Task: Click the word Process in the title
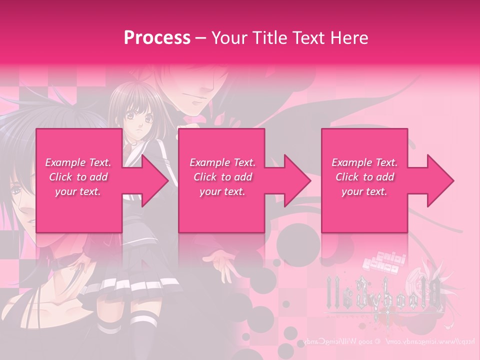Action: coord(157,37)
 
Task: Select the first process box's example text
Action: coord(78,177)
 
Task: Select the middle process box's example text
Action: coord(222,177)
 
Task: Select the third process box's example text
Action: coord(364,177)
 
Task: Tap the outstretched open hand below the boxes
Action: coord(220,260)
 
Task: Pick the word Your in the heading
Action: coord(229,37)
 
